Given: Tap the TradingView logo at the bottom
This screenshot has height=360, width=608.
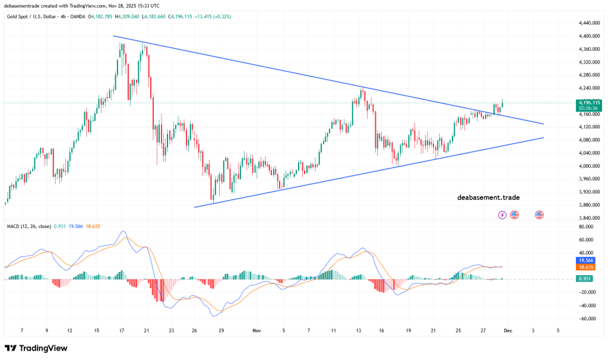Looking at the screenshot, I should tap(36, 348).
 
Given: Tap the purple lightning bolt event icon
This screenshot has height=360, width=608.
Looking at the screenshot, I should tap(502, 214).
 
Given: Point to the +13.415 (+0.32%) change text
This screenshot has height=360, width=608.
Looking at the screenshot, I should tap(214, 17).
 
